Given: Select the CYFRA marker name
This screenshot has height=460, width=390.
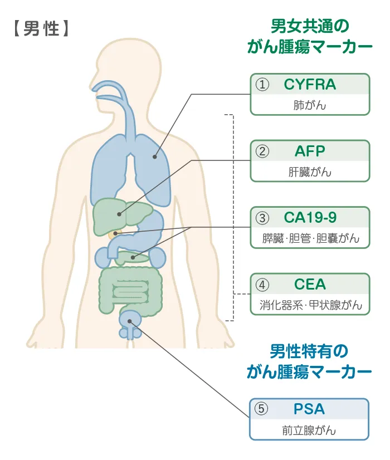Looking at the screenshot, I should [x=310, y=85].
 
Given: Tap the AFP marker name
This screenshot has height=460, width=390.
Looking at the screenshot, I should [x=310, y=151].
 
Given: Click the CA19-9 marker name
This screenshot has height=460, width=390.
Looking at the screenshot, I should [x=310, y=218].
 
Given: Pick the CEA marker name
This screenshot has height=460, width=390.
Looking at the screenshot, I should [x=310, y=284].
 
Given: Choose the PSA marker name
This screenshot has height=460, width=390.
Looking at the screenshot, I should [x=309, y=409].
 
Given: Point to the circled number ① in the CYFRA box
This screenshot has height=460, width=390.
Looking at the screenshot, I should [x=262, y=85].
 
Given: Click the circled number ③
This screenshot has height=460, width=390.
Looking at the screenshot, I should [x=262, y=218].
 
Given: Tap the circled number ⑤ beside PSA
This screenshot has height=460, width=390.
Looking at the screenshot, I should [x=261, y=409].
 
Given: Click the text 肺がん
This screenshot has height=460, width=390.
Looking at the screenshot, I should [x=309, y=105].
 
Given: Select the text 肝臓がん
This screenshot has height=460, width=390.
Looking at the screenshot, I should [x=309, y=172].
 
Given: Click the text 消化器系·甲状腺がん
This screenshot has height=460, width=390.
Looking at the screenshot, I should [x=310, y=305].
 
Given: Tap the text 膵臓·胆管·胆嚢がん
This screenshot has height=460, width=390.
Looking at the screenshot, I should [x=310, y=238].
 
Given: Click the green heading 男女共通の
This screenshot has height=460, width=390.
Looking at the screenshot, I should [x=309, y=26].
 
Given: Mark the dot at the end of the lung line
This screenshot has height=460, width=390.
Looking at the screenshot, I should [x=155, y=158].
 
